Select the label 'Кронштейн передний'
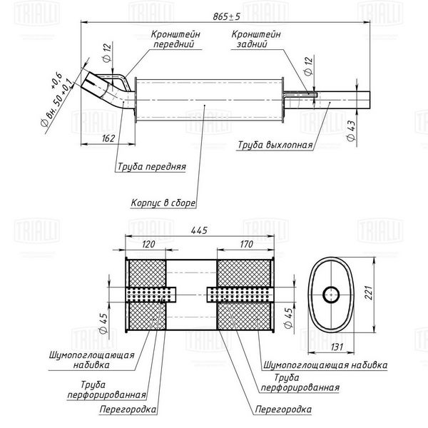point(173,39)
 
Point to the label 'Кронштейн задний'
point(255,39)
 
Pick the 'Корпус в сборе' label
point(163,203)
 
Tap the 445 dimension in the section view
point(200,230)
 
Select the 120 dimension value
point(148,244)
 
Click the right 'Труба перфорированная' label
point(305,383)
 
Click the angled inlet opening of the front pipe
point(92,84)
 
